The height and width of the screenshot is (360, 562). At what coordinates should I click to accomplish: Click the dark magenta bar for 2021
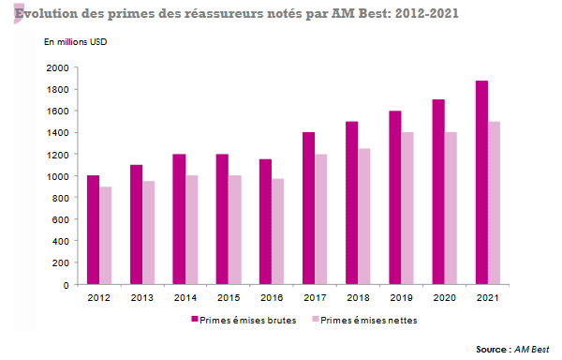click(x=481, y=183)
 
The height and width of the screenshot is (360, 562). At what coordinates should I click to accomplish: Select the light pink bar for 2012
click(x=106, y=235)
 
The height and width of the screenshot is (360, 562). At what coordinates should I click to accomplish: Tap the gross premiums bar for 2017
click(x=308, y=208)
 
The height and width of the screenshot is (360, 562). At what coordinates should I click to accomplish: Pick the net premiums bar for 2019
click(x=407, y=208)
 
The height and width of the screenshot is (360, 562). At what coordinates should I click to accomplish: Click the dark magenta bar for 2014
click(x=179, y=219)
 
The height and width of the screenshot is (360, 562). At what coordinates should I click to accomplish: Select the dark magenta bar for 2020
click(x=438, y=192)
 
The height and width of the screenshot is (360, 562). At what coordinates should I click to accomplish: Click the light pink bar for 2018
click(x=364, y=217)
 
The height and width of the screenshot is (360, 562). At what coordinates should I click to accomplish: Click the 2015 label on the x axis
click(x=229, y=297)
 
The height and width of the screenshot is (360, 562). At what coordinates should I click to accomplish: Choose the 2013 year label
click(x=142, y=297)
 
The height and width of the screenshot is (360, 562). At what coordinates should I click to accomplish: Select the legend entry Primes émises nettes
click(x=369, y=321)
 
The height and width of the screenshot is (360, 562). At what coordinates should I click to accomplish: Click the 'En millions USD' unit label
click(x=78, y=42)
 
